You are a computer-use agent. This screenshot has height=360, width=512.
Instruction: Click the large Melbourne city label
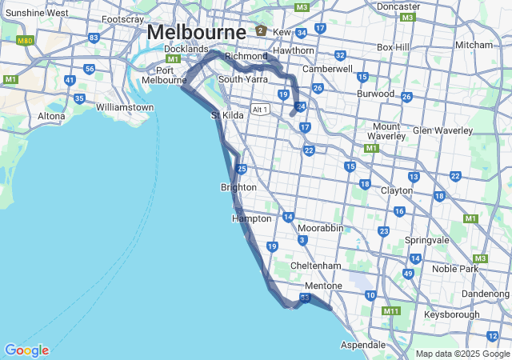(x=196, y=33)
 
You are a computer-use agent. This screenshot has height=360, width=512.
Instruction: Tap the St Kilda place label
(x=226, y=116)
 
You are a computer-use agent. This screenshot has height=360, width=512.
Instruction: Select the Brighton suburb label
(x=238, y=187)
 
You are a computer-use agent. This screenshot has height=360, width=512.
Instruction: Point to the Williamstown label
(x=124, y=107)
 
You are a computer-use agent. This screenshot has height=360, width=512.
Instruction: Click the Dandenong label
(x=485, y=294)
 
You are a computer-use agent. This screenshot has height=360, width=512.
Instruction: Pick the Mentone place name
(x=323, y=286)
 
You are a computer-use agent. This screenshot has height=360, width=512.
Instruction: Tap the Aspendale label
(x=362, y=344)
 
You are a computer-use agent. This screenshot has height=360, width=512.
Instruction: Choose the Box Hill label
(x=394, y=47)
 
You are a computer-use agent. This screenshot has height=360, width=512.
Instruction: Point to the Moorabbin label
(x=320, y=229)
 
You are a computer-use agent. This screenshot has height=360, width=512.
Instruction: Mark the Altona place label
(x=52, y=117)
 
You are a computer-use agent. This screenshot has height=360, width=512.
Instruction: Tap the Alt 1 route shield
(x=259, y=110)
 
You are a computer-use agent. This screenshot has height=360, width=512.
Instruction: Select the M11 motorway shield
(x=390, y=311)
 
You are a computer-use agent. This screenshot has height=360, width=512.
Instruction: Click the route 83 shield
(x=94, y=38)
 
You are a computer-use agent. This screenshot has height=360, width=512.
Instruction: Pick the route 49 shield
(x=408, y=274)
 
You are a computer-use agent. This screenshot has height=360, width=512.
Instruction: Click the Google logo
(x=26, y=350)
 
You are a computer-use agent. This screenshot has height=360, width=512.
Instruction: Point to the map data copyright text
(x=462, y=354)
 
